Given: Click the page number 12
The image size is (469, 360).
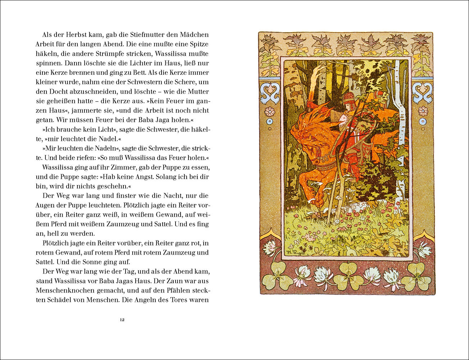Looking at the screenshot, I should point(122,320).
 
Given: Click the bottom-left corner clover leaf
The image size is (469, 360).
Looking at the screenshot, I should point(277,276).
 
